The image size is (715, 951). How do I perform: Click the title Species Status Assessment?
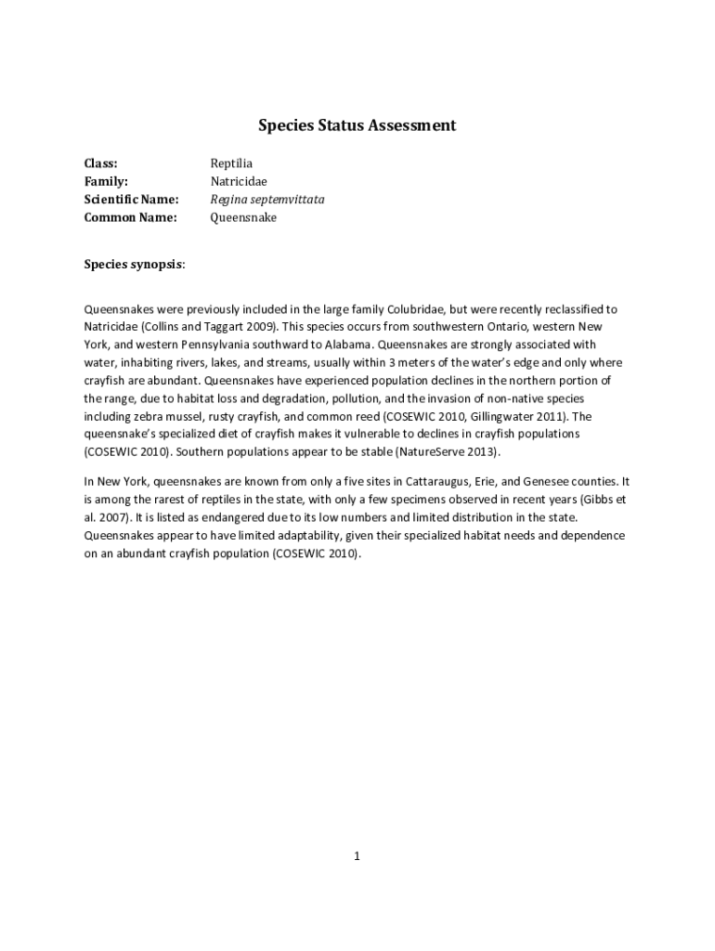357,124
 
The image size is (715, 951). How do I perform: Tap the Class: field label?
100,163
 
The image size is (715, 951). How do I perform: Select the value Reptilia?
231,163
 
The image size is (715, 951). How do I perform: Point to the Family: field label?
106,181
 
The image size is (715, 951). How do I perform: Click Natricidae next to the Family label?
238,181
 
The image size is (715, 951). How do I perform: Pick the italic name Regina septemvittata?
267,200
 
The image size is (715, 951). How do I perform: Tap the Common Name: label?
130,217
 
